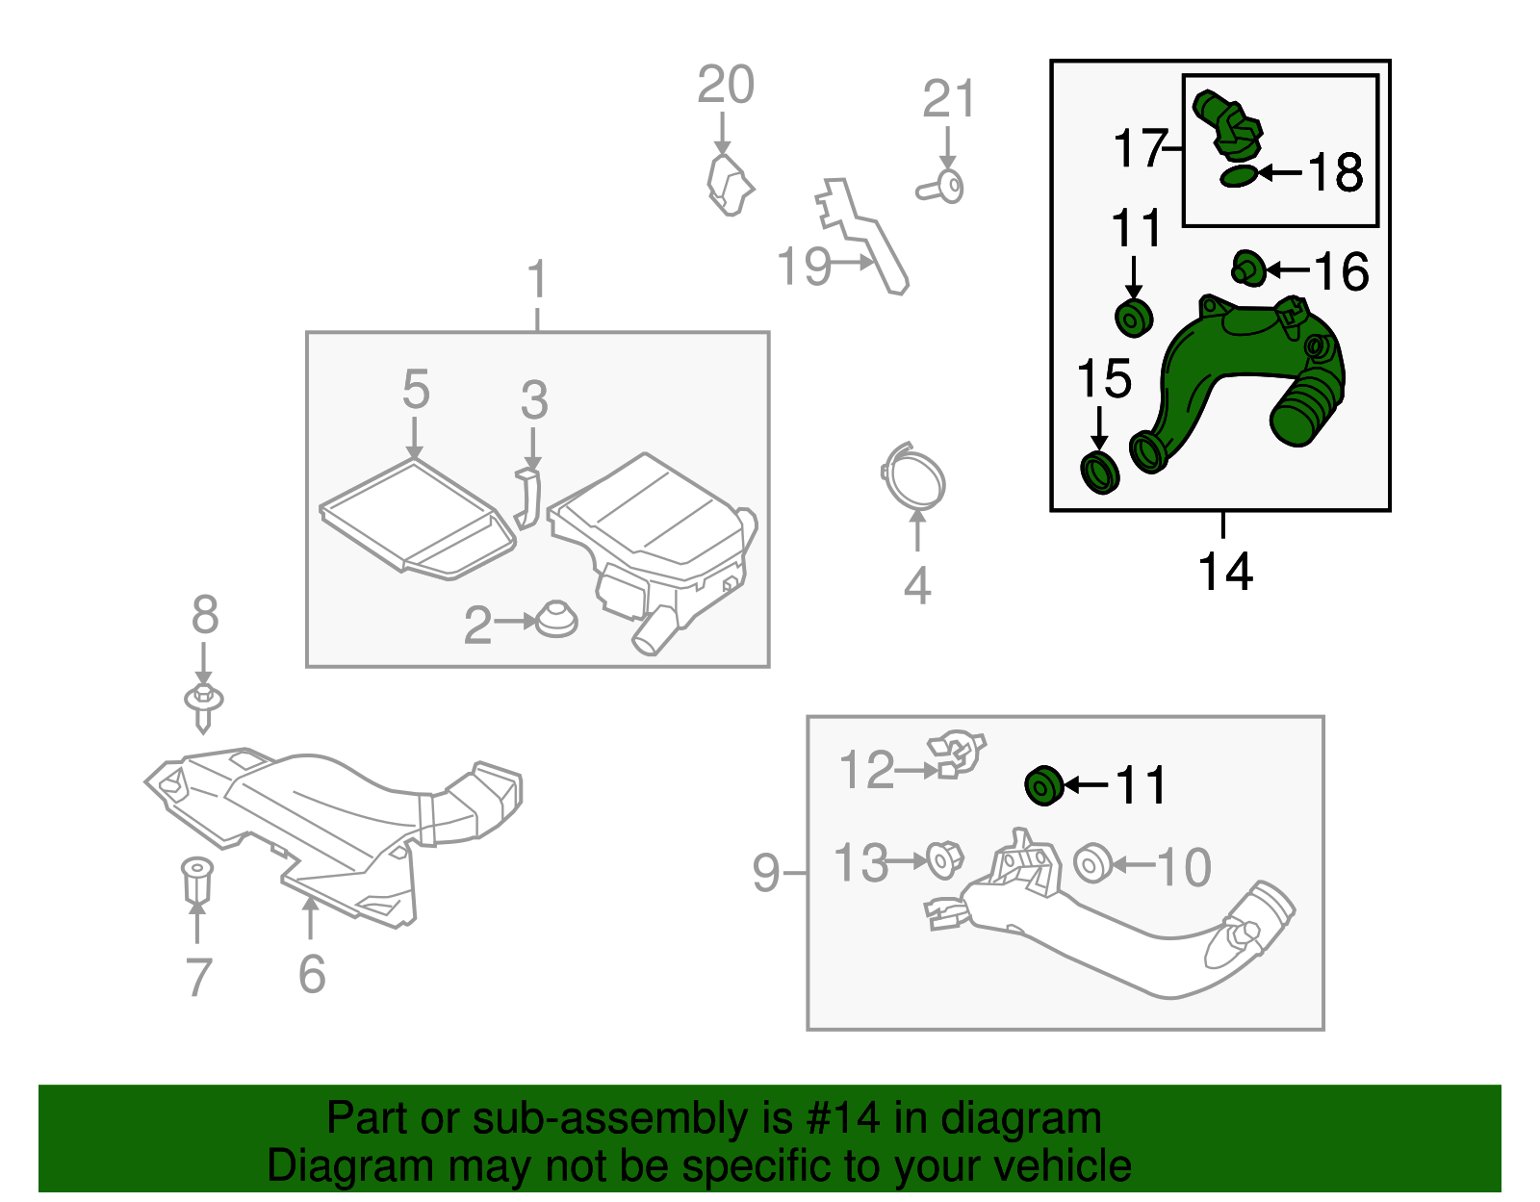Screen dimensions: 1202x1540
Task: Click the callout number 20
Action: tap(726, 85)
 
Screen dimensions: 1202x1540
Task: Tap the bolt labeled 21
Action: tap(942, 187)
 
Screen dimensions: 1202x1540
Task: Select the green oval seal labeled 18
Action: tap(1239, 176)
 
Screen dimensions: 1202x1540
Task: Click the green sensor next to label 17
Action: tap(1227, 124)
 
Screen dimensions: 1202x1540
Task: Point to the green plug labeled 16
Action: tap(1248, 269)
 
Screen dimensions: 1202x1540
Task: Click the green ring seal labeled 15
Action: tap(1099, 472)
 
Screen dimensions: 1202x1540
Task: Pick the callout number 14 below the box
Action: tap(1224, 572)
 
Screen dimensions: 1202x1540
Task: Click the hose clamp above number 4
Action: tap(913, 476)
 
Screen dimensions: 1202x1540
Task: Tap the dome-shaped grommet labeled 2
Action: tap(555, 620)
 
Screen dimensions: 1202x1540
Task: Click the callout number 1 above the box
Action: tap(537, 280)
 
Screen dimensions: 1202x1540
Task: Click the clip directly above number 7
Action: tap(196, 879)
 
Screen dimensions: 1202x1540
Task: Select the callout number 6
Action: tap(312, 974)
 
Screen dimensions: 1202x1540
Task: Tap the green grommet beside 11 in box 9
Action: tap(1043, 785)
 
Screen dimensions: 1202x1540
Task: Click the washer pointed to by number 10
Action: tap(1091, 863)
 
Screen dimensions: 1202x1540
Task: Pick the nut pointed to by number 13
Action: tap(944, 859)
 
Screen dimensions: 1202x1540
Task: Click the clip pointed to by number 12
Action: tap(957, 754)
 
